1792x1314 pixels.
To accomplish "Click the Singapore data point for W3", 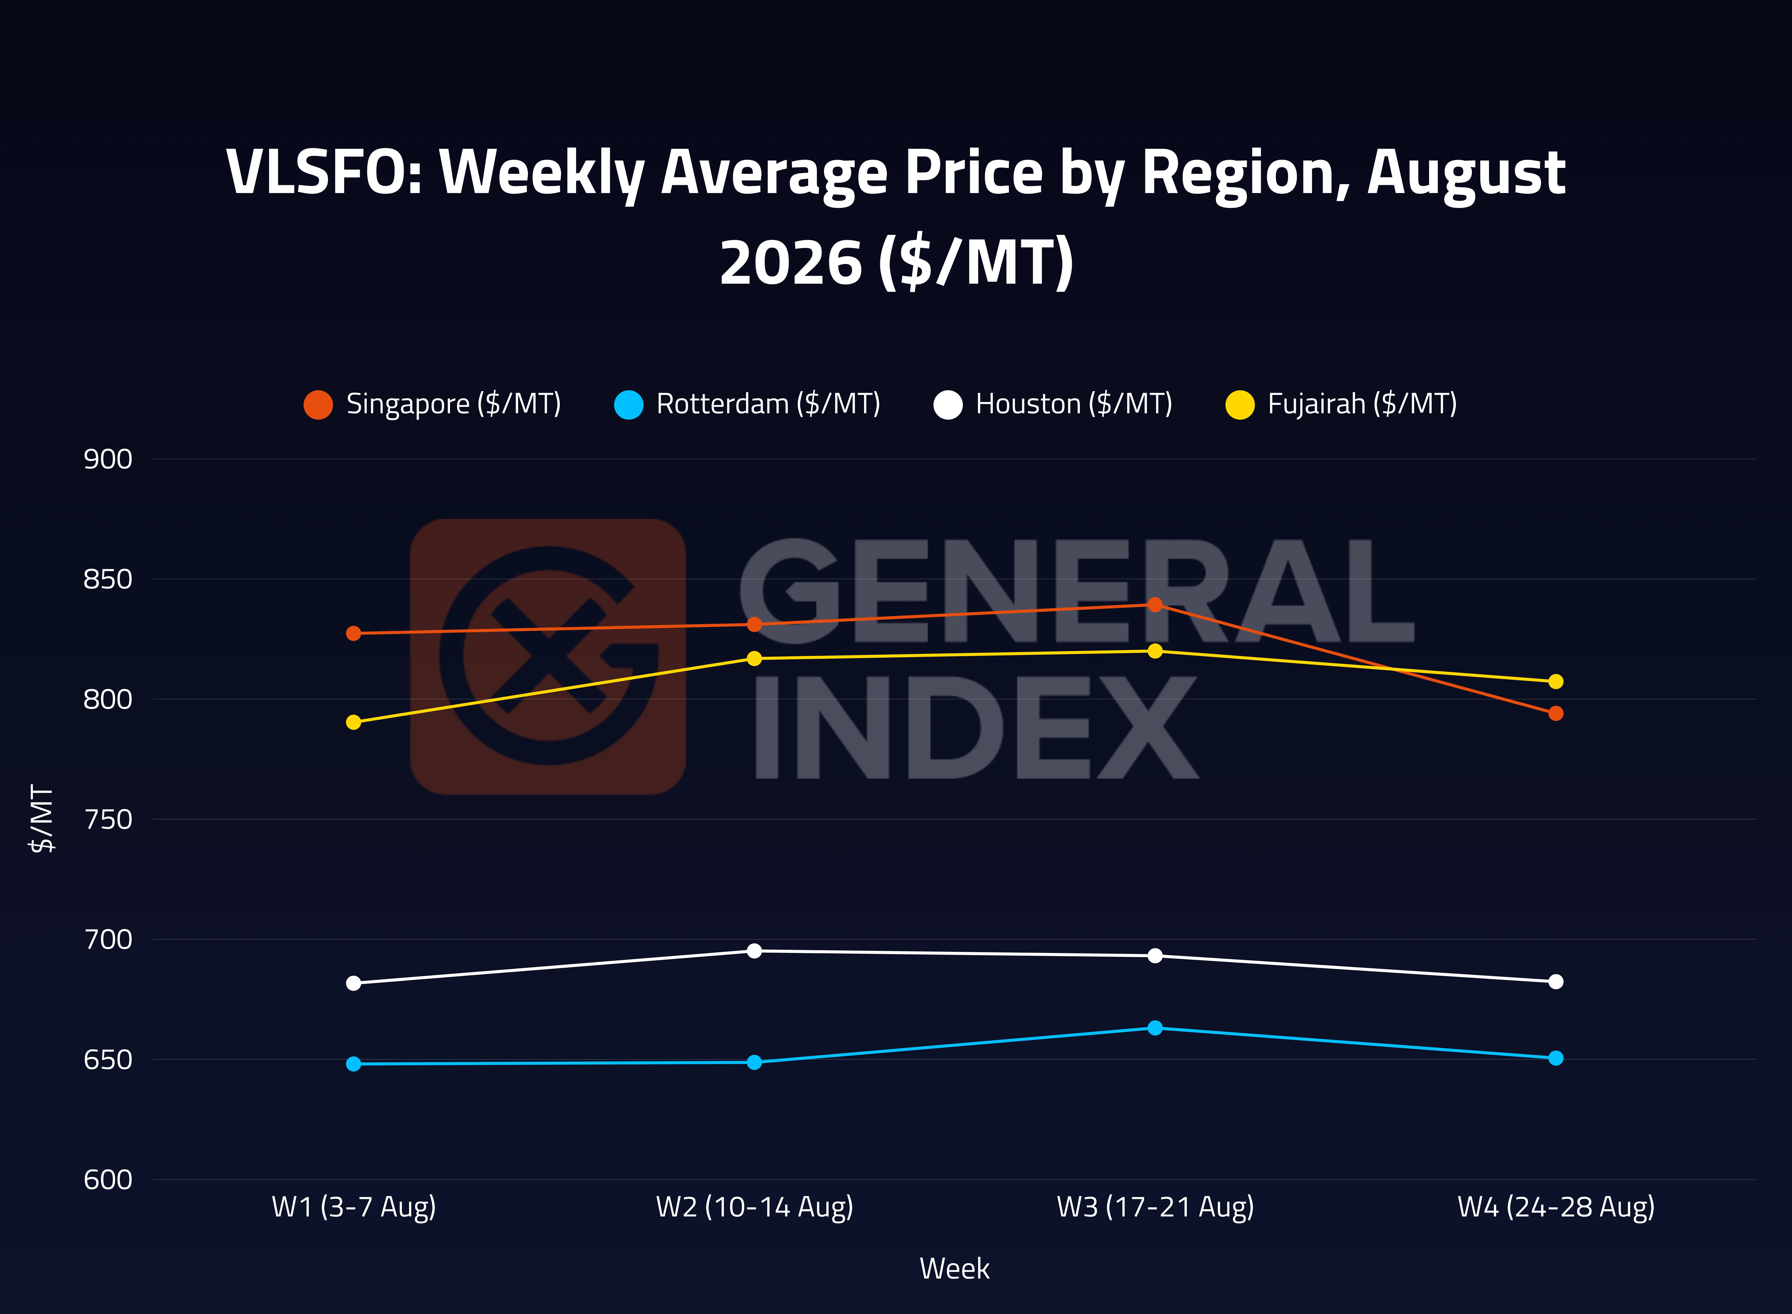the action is tap(1155, 604).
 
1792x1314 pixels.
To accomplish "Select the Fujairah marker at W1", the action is tap(353, 722).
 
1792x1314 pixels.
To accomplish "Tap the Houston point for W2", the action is tap(754, 950).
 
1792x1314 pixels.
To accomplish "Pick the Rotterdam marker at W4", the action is tap(1556, 1058).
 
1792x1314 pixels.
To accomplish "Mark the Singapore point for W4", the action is tap(1556, 713).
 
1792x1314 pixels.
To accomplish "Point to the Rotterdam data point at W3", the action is tap(1155, 1028).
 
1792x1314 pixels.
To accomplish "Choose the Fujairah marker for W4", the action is tap(1556, 682).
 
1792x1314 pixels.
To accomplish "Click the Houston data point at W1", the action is tap(353, 983).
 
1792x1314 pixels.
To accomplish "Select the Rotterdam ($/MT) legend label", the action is tap(768, 404).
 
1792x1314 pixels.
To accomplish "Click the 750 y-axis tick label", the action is tap(108, 819).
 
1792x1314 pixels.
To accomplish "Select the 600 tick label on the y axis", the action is tap(108, 1180).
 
